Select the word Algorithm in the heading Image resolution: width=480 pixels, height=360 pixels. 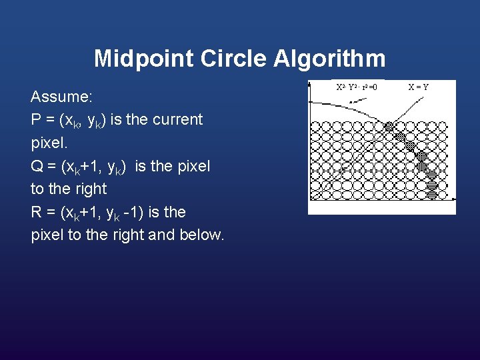329,59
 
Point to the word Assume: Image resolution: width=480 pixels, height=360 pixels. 61,97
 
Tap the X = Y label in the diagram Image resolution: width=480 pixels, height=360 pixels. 419,87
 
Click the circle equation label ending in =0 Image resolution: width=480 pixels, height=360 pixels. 356,87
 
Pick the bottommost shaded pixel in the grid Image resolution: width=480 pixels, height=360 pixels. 431,195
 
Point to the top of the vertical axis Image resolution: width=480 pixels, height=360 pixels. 310,84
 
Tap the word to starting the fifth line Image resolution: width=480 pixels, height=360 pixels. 38,189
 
